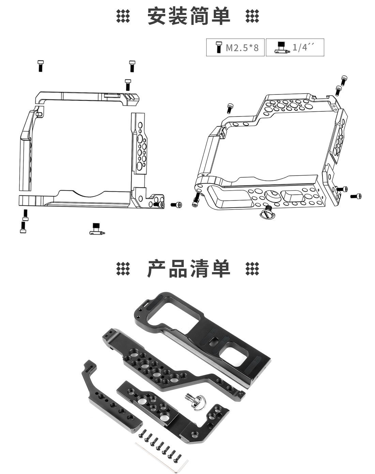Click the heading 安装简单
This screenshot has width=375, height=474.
tap(189, 16)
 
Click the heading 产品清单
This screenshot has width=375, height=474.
tap(189, 268)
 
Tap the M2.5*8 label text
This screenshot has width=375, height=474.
tap(242, 47)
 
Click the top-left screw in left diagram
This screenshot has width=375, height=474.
tap(41, 66)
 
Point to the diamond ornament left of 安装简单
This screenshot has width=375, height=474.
tap(123, 16)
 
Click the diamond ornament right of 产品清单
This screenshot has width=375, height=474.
tap(252, 269)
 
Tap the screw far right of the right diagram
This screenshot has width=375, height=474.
tap(356, 196)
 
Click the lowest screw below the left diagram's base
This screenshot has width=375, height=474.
tap(23, 227)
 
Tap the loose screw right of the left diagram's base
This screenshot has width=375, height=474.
tap(176, 205)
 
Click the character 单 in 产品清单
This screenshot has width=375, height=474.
tap(221, 268)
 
